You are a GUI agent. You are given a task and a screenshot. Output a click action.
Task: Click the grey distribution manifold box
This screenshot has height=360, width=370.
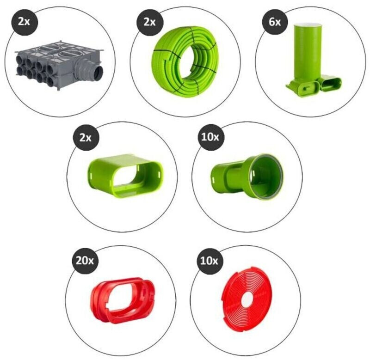60,64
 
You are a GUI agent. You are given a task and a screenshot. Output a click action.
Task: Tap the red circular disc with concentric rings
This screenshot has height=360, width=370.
247,298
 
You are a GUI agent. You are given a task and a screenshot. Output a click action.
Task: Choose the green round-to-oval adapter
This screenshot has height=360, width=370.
247,177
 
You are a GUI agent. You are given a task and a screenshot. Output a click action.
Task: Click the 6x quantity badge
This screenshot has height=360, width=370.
275,23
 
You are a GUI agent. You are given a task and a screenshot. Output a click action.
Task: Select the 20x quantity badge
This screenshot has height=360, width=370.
85,261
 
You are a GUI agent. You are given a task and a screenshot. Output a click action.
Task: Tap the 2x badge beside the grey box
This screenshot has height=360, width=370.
24,21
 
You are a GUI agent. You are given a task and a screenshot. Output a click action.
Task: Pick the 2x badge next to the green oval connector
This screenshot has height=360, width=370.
86,137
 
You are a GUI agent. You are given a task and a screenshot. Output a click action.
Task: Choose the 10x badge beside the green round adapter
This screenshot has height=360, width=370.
210,137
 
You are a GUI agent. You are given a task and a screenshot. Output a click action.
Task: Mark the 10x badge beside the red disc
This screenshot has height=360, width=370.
209,261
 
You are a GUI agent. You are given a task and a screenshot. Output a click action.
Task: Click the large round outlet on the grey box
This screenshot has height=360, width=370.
98,73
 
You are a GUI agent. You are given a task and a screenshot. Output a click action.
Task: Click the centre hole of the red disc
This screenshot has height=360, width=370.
247,299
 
